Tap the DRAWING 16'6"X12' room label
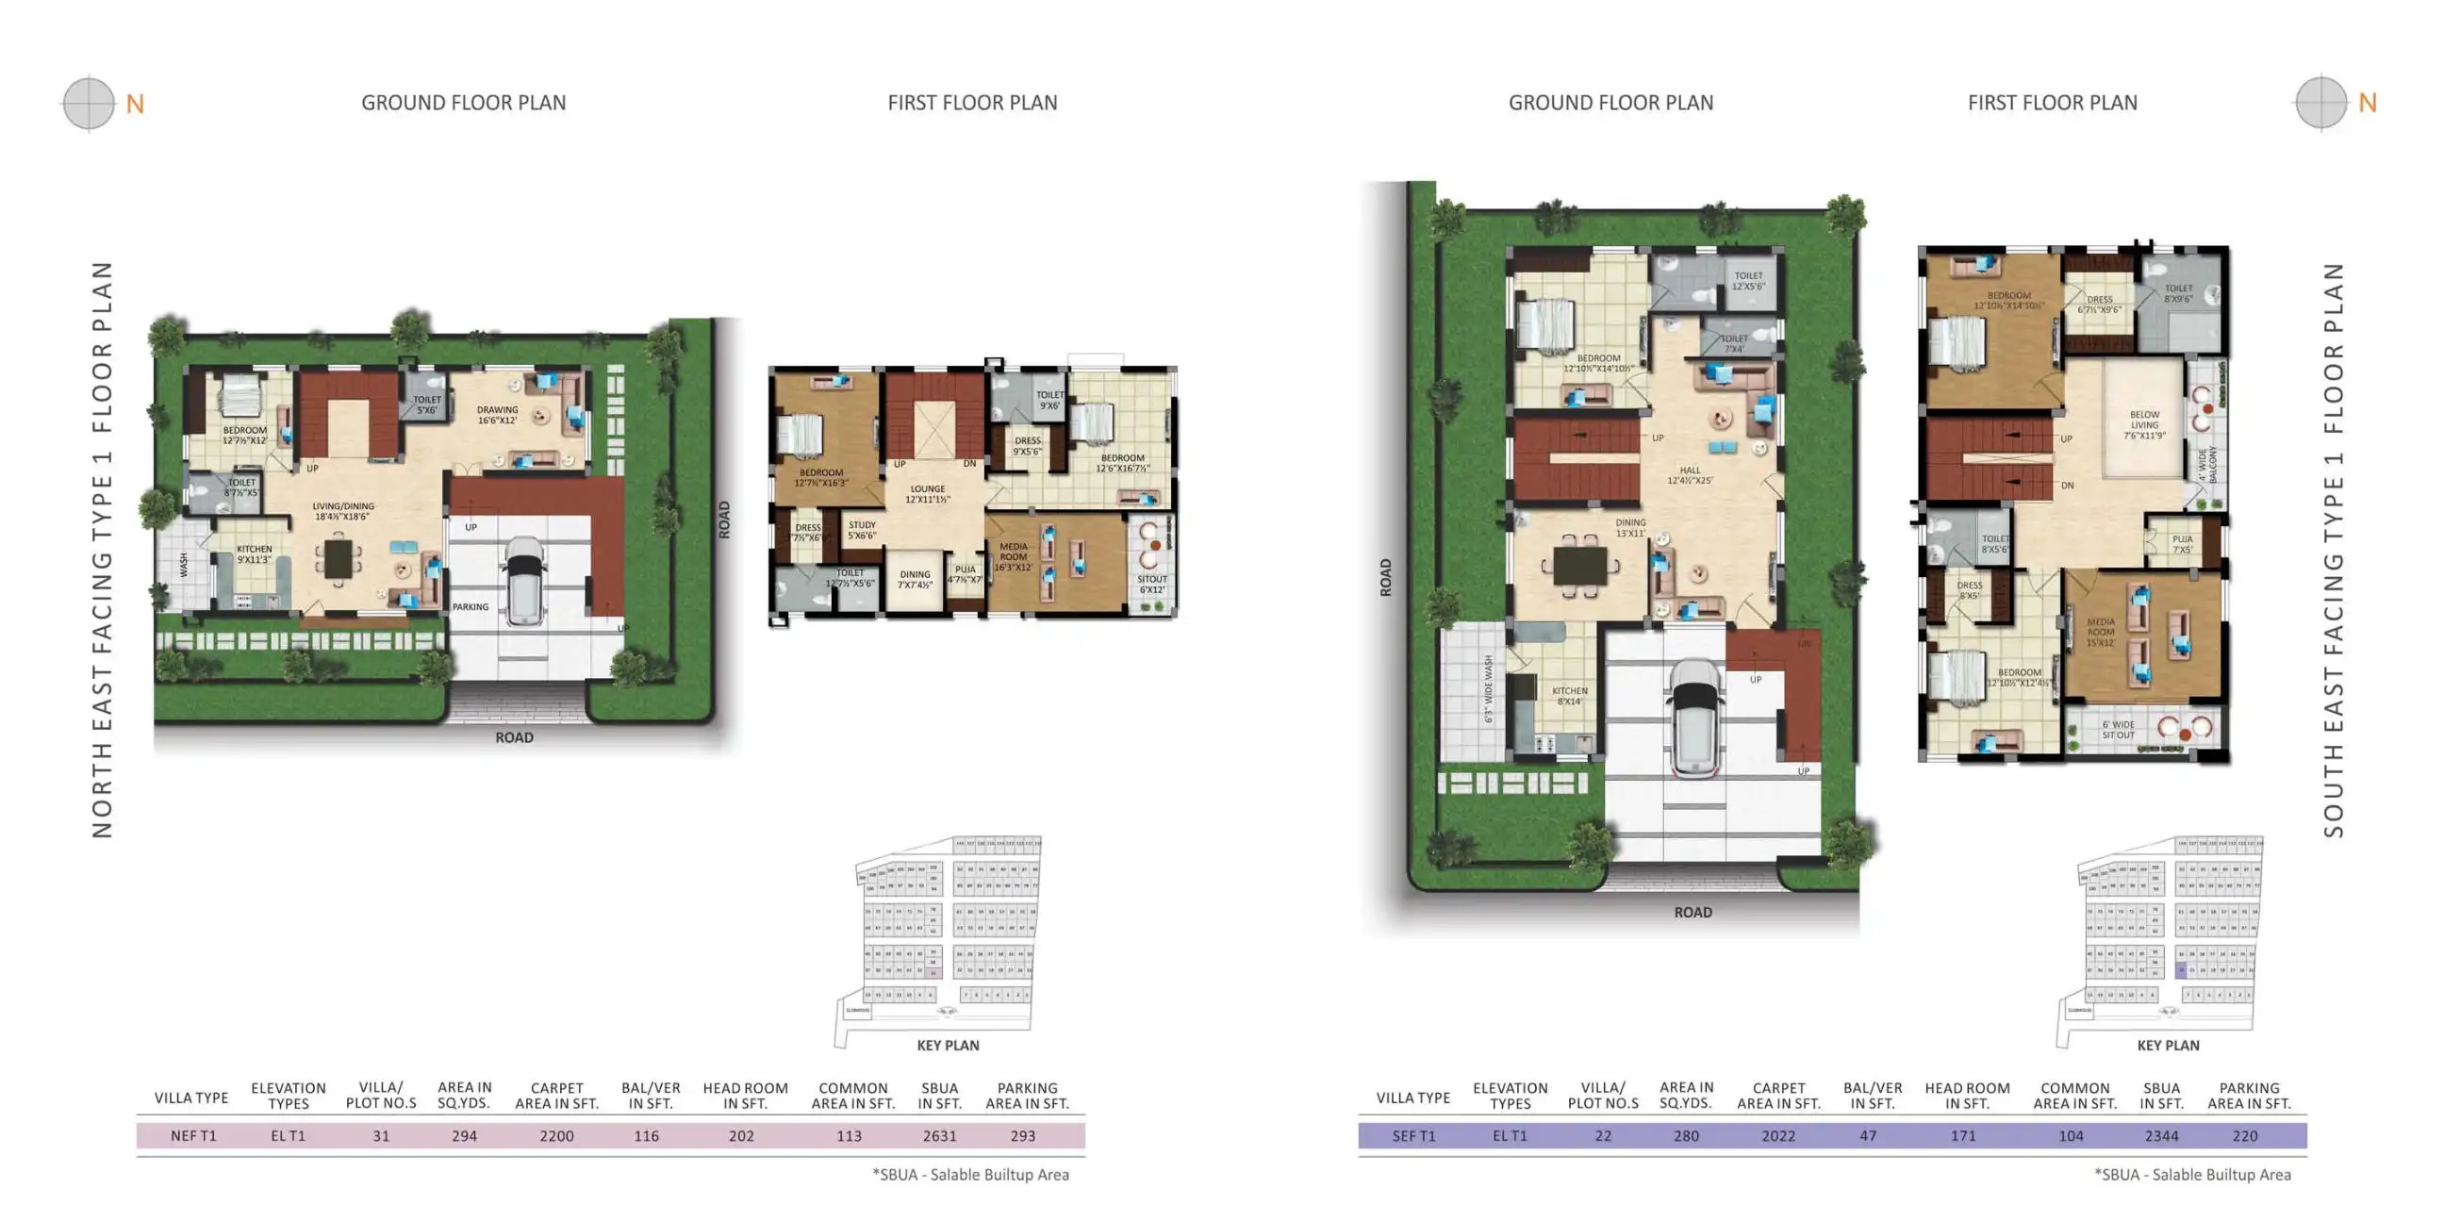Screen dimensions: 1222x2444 (497, 415)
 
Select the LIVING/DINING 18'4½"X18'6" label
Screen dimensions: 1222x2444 (342, 511)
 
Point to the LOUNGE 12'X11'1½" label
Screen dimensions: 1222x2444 (927, 493)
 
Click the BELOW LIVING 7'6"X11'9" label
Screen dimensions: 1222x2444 (2144, 425)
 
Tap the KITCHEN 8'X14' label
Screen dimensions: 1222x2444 (1569, 696)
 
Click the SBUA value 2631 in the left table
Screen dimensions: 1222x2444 (939, 1135)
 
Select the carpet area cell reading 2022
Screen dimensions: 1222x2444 (1778, 1135)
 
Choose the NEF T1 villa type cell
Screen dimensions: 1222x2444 (193, 1135)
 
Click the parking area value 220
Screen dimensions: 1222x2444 (2245, 1135)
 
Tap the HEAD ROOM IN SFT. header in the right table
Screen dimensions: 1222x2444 (1967, 1095)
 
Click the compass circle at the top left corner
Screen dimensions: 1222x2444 (89, 103)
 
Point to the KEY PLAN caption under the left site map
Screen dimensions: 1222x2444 (947, 1045)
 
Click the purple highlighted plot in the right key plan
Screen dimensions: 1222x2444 (2181, 969)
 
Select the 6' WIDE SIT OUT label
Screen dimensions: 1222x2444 (2118, 730)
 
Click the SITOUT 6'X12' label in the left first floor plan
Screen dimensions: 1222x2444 (1152, 584)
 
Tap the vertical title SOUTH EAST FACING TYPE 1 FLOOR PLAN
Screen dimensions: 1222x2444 (2333, 551)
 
